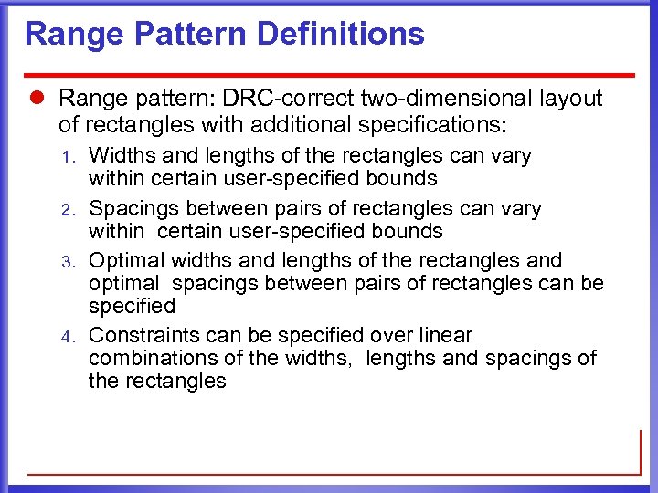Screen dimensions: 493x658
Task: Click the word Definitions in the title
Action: pos(341,35)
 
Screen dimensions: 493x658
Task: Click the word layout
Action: pos(565,99)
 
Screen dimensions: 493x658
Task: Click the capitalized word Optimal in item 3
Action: pos(123,261)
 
